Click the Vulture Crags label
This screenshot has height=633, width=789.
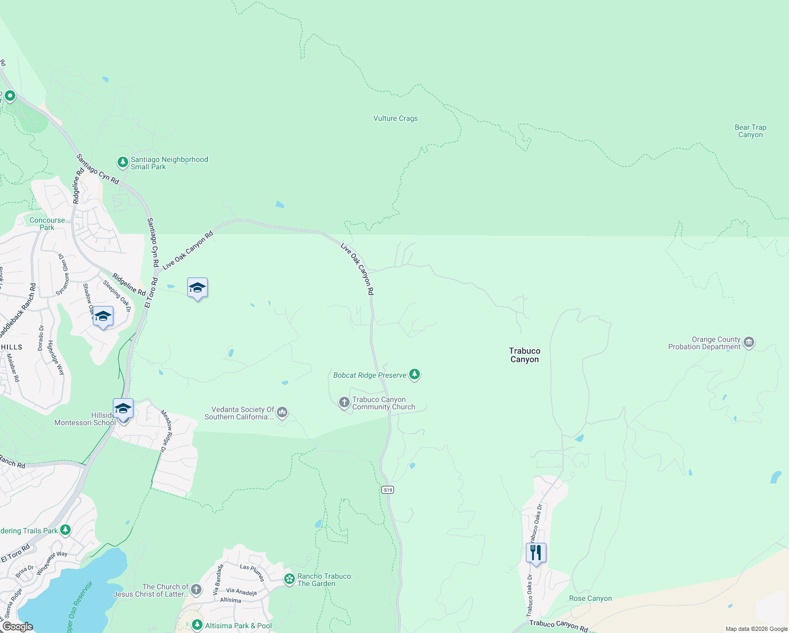396,119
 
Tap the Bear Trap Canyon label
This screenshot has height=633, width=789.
750,131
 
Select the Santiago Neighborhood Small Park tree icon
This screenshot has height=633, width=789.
122,162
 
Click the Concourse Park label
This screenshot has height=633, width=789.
47,224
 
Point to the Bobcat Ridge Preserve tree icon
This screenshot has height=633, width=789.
415,375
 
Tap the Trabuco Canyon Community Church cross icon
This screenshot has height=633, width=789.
344,403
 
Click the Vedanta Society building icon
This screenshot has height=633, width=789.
282,412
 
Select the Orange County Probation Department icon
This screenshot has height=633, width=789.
748,343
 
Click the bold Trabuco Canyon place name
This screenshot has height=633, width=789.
524,355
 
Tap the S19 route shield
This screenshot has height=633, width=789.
388,490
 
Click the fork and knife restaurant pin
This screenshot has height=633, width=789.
536,553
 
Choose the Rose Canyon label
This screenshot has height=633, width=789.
590,599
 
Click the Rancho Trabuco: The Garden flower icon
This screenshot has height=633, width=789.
289,579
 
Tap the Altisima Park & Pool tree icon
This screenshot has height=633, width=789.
197,625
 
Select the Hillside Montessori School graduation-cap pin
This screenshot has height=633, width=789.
123,409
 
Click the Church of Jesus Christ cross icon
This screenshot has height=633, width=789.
196,589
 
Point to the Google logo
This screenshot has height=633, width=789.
17,627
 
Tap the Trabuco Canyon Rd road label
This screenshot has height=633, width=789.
558,626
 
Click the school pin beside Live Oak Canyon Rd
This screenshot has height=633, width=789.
197,287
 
